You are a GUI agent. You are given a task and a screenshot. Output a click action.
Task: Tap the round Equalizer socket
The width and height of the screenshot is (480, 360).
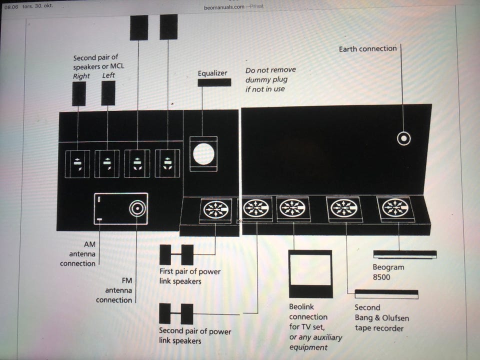click(x=203, y=153)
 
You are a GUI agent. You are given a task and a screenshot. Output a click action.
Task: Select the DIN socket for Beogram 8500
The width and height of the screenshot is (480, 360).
click(x=395, y=208)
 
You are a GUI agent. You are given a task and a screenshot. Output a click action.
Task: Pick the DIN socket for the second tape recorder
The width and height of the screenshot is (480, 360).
click(x=344, y=208)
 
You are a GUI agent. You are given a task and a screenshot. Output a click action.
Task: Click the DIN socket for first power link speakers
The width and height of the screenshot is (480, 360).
click(x=216, y=209)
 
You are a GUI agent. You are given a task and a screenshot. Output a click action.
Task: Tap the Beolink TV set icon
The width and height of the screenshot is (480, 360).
click(x=310, y=273)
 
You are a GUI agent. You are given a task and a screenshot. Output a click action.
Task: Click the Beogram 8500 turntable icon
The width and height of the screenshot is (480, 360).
click(x=404, y=254)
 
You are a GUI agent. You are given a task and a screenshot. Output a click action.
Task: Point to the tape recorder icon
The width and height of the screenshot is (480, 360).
click(x=386, y=294)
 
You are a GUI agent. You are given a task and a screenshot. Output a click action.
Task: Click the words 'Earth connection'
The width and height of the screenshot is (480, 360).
click(x=367, y=48)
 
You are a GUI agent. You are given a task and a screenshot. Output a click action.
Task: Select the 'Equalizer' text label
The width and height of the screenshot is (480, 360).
click(x=212, y=73)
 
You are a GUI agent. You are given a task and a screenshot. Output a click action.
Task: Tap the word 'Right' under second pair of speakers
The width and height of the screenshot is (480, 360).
click(x=81, y=76)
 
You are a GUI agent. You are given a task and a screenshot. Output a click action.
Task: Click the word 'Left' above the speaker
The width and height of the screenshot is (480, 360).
click(x=108, y=75)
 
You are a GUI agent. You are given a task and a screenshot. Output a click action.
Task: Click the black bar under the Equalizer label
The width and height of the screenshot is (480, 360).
click(x=214, y=82)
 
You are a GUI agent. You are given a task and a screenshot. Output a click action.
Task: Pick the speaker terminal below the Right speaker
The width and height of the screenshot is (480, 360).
click(x=77, y=164)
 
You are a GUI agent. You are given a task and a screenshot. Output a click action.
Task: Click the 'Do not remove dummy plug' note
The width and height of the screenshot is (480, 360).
click(x=270, y=79)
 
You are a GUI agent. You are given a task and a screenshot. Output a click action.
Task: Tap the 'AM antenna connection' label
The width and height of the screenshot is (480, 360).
click(x=78, y=254)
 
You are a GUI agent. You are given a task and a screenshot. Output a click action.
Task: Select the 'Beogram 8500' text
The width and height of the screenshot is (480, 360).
click(x=388, y=272)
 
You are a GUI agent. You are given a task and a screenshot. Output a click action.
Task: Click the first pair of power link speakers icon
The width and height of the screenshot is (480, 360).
click(x=176, y=254)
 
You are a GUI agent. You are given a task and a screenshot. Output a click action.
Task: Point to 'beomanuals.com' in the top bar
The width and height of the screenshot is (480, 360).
click(x=224, y=6)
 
